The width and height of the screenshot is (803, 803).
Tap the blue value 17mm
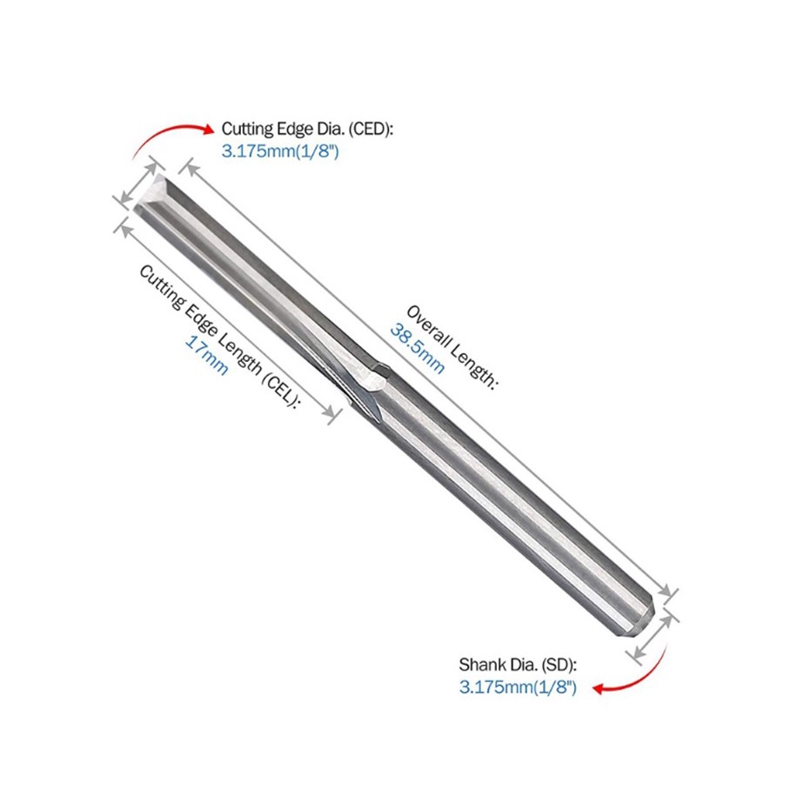(x=206, y=355)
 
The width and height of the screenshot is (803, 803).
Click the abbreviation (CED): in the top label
(x=371, y=129)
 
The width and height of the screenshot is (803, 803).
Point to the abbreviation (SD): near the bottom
(x=559, y=665)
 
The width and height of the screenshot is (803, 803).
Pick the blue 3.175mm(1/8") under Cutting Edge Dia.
(x=280, y=151)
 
